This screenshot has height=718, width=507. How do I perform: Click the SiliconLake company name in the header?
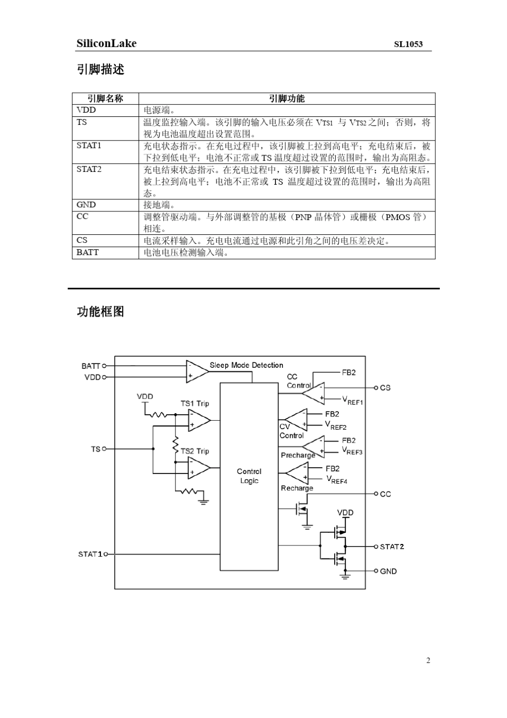[106, 44]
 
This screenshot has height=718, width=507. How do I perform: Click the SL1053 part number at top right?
[408, 44]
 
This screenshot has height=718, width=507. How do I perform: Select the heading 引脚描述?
[100, 69]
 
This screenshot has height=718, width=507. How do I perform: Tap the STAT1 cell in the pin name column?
[89, 146]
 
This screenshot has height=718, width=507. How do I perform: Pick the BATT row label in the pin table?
[88, 253]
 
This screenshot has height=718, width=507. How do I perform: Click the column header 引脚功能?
[287, 98]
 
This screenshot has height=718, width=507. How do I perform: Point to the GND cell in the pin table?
[86, 205]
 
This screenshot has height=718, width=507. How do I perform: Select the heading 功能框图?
[100, 312]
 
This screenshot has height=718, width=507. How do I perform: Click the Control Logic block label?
[249, 476]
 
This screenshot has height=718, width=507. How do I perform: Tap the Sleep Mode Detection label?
[246, 365]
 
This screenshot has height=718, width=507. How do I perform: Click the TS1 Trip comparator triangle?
[198, 420]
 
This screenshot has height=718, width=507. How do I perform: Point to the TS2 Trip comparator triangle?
[198, 468]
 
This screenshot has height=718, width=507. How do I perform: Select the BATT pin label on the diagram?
[91, 366]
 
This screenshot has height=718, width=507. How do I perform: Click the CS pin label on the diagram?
[385, 388]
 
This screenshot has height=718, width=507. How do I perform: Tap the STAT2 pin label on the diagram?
[392, 547]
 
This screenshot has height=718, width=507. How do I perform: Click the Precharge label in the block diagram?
[298, 455]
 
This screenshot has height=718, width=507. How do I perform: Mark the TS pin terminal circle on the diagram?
[104, 449]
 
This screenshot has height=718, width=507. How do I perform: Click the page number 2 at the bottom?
[428, 660]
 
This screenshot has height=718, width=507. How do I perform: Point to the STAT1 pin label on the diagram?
[90, 554]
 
